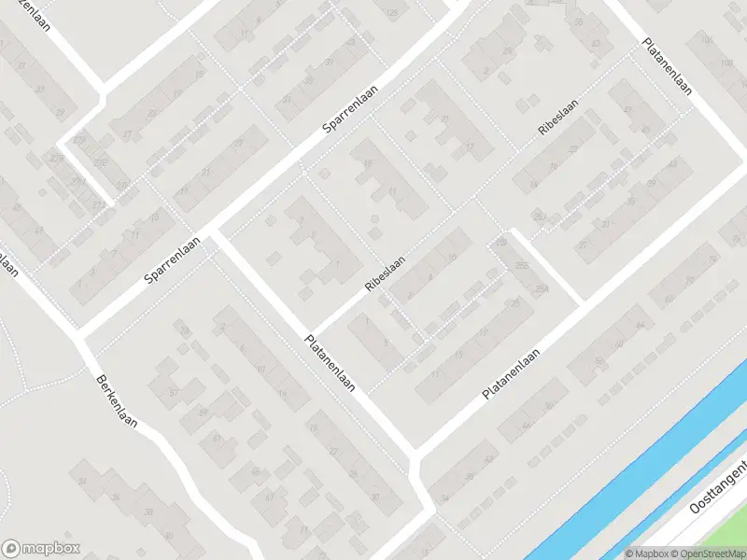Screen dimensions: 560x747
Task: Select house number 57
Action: click(174, 392)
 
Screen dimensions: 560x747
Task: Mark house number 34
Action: click(83, 482)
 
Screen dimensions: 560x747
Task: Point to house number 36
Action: click(115, 498)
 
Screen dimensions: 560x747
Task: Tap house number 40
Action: click(183, 531)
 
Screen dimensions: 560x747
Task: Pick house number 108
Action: click(726, 63)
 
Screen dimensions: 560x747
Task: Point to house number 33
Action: click(38, 90)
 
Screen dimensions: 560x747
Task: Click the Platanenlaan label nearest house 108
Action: click(667, 66)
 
